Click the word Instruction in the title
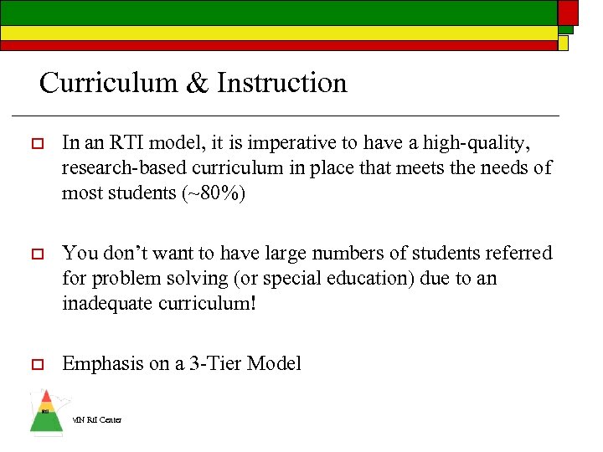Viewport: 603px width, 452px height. tap(281, 83)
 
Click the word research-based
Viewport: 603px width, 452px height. tap(126, 168)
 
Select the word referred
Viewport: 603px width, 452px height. tap(519, 252)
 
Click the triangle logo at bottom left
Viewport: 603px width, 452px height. tap(46, 413)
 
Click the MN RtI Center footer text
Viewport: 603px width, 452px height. tap(97, 419)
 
